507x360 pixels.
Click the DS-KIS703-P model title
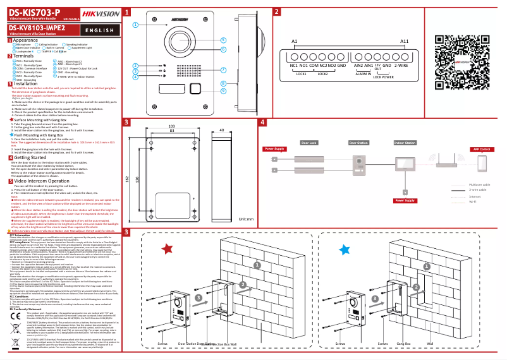click(35, 11)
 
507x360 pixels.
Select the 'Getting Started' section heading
click(32, 157)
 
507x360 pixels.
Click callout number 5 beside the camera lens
click(223, 39)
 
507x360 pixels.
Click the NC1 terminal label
click(294, 66)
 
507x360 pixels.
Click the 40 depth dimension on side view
click(221, 130)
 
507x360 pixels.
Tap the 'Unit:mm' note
click(246, 220)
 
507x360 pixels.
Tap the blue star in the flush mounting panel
click(343, 249)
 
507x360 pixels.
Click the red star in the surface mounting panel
click(167, 249)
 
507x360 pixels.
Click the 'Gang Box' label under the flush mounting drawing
click(404, 344)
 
